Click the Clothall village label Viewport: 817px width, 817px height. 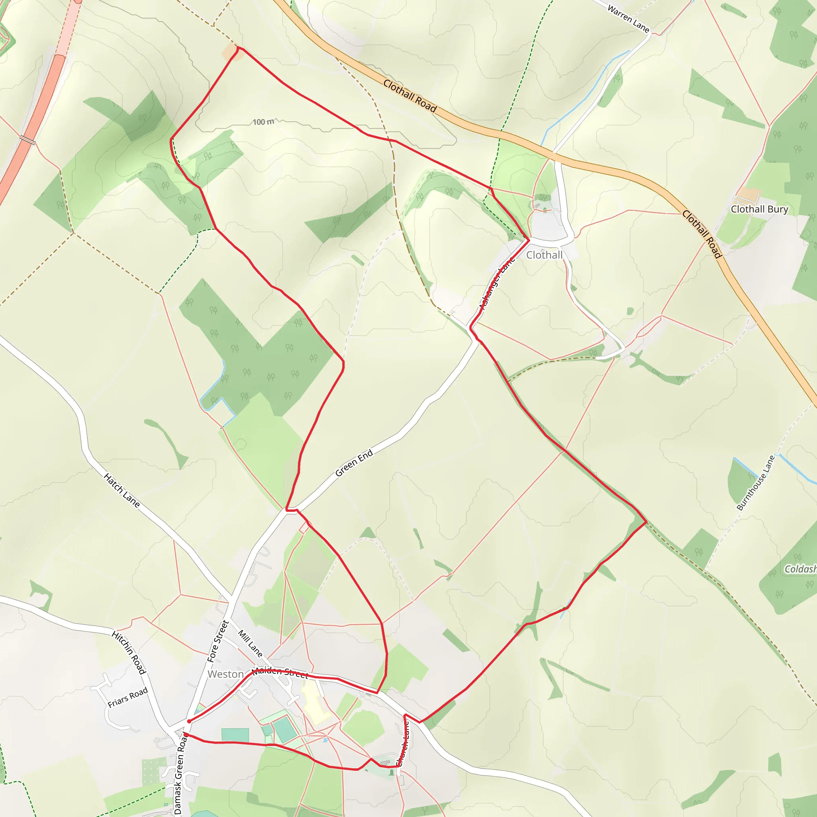pyautogui.click(x=544, y=255)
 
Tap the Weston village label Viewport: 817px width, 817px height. pyautogui.click(x=225, y=674)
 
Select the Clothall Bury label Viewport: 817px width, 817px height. pyautogui.click(x=760, y=209)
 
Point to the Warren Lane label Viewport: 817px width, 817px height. pyautogui.click(x=628, y=19)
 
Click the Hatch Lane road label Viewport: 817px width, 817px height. pyautogui.click(x=122, y=490)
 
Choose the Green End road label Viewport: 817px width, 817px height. pyautogui.click(x=354, y=463)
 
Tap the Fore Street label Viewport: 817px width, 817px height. pyautogui.click(x=218, y=641)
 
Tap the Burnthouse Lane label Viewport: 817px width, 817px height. pyautogui.click(x=756, y=483)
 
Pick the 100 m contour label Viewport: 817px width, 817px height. pyautogui.click(x=263, y=122)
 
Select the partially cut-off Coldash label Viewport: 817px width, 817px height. pyautogui.click(x=800, y=569)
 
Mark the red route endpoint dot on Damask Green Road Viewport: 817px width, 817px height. pyautogui.click(x=186, y=735)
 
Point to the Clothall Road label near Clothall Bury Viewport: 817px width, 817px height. pyautogui.click(x=702, y=234)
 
